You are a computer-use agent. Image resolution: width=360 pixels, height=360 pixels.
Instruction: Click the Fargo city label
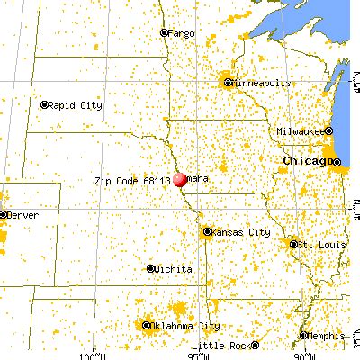coord(183,33)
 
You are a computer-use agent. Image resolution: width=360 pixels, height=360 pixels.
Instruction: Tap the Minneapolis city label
coord(262,83)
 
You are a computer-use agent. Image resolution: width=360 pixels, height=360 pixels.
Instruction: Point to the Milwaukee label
coord(301,131)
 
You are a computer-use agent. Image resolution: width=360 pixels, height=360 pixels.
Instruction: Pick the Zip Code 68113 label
coord(131,181)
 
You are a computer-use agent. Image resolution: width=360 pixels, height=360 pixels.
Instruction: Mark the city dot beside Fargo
coord(164,33)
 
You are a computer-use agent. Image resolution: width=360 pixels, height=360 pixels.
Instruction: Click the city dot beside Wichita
coord(150,269)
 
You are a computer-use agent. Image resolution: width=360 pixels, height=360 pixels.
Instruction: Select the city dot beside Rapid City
coord(45,104)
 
